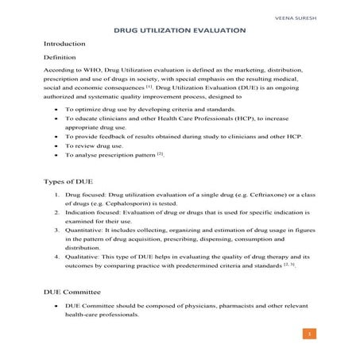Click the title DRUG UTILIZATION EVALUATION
pyautogui.click(x=179, y=29)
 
